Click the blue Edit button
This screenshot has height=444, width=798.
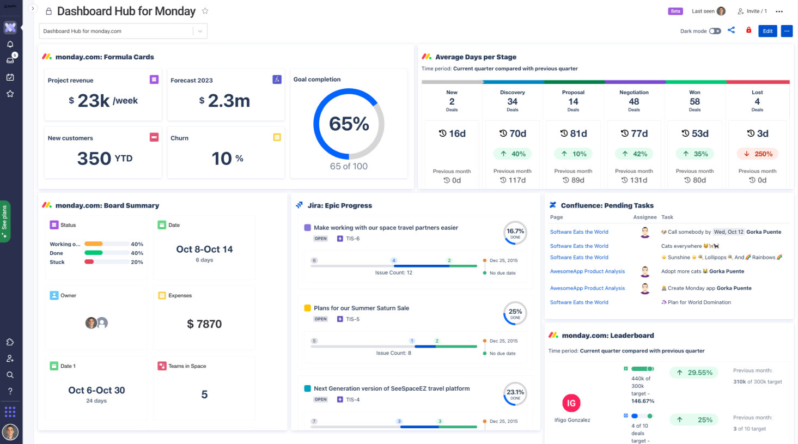point(767,31)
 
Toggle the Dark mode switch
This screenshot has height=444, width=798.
point(715,31)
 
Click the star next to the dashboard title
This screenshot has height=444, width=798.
point(205,11)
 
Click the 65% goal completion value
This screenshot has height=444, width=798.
point(349,124)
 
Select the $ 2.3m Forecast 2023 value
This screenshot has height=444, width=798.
point(224,101)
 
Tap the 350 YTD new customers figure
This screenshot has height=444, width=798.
point(105,159)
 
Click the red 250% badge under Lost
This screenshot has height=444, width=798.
point(758,154)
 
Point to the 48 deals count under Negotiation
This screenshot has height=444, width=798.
point(633,102)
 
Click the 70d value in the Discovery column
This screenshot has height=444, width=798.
point(513,133)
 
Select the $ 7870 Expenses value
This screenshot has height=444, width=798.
point(204,324)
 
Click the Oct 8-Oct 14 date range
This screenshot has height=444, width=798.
point(204,250)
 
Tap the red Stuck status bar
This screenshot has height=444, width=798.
point(89,262)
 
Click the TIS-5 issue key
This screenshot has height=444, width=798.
point(352,319)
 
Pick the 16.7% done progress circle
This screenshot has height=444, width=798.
point(515,232)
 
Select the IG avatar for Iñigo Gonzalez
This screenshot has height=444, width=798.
point(571,403)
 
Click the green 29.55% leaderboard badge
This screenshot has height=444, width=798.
point(695,373)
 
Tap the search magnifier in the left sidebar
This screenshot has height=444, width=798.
point(10,375)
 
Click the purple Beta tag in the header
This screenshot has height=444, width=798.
point(675,11)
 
